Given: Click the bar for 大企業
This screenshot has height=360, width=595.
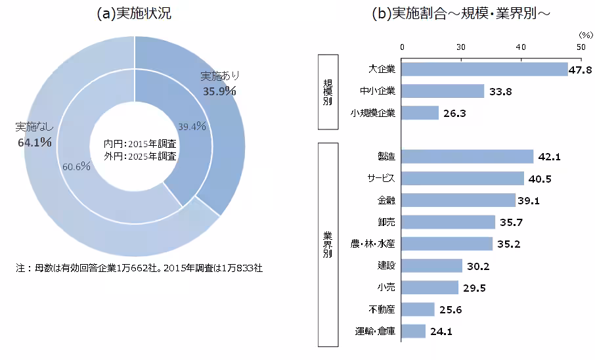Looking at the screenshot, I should [x=484, y=70].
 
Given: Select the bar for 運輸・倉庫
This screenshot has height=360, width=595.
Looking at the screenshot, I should [x=413, y=331].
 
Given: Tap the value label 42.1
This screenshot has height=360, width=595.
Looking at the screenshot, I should [x=548, y=156].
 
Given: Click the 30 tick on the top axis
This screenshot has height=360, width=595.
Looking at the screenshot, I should [x=461, y=47].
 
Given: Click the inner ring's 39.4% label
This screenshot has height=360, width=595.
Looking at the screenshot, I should [x=192, y=126].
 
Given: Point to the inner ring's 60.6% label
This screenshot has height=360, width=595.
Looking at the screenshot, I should [x=76, y=166].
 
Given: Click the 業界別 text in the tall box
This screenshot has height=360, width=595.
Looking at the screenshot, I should [x=327, y=244].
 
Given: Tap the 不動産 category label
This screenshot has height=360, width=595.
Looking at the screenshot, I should [x=382, y=309].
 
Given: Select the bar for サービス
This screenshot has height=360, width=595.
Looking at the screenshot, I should [x=462, y=178].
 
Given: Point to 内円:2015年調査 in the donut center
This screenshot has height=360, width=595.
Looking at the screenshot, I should [x=135, y=144].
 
